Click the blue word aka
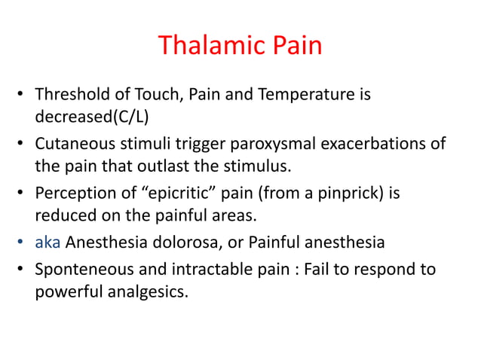point(47,242)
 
